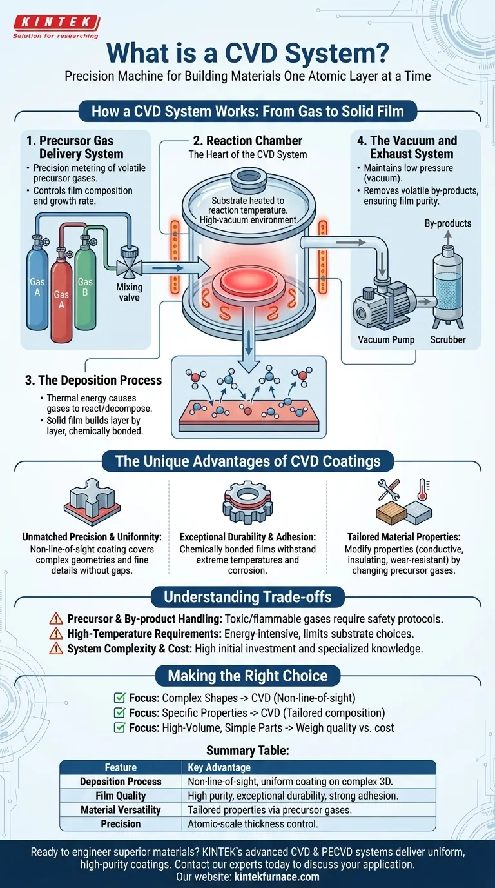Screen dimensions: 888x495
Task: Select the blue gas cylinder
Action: [x=37, y=285]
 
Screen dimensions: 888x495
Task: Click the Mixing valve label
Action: [x=129, y=292]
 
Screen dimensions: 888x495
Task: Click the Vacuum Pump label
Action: [x=386, y=339]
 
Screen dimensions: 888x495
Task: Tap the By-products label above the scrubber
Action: [x=448, y=223]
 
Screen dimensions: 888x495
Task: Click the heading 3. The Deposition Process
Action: [x=93, y=380]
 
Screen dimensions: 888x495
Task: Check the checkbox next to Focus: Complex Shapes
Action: [x=119, y=698]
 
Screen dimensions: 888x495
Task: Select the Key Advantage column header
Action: [x=219, y=767]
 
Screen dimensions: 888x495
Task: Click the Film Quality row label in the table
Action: [x=121, y=796]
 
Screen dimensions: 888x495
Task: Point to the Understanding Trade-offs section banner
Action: [x=247, y=596]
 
